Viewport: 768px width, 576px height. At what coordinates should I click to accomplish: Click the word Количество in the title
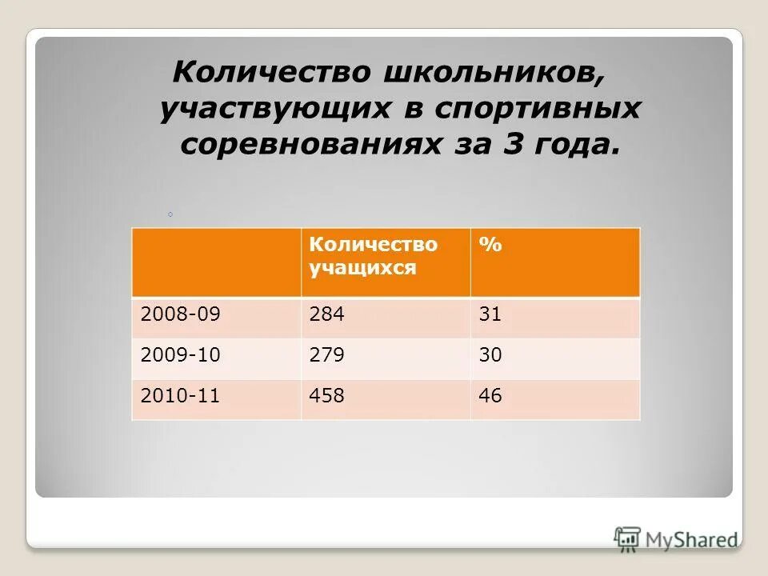pos(271,73)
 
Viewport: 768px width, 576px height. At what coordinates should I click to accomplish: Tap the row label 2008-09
pos(179,315)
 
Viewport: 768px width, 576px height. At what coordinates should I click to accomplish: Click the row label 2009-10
pos(179,355)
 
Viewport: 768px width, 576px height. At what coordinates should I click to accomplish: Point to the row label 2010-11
pos(179,395)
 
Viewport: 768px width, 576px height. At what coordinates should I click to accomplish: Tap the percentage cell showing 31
pos(490,315)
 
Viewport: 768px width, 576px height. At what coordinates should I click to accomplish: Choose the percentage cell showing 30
pos(490,355)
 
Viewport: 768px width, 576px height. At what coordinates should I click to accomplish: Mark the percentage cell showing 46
pos(490,395)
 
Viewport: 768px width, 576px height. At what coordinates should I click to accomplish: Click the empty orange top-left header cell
pos(216,262)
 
